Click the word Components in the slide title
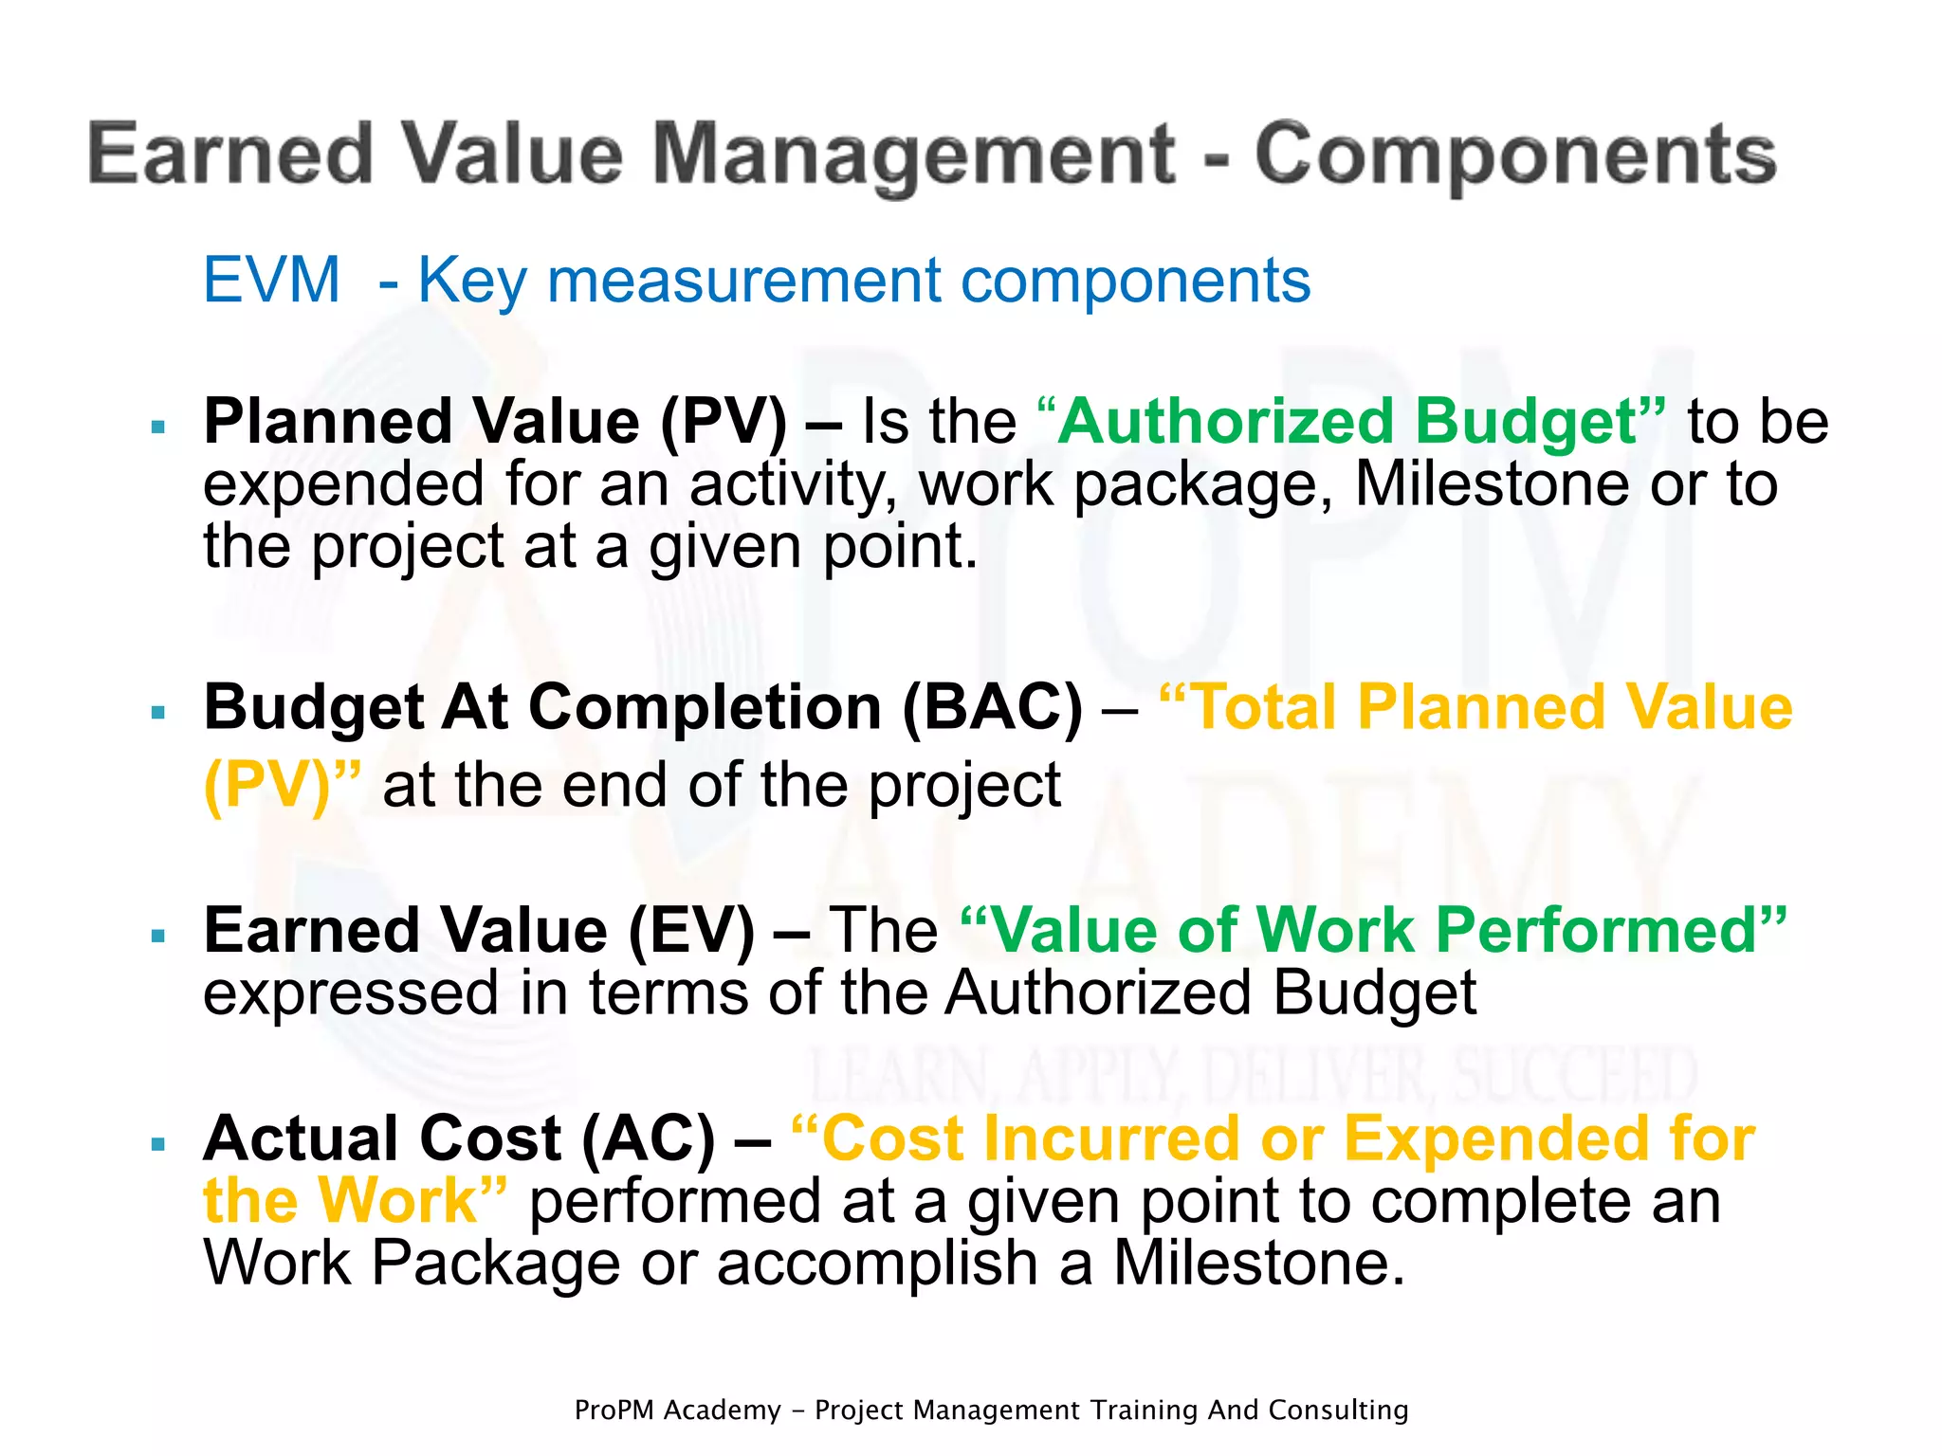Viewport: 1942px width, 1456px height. pos(1515,155)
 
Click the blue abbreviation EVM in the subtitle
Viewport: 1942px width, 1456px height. pos(271,281)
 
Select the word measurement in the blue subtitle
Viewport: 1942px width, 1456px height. pos(744,281)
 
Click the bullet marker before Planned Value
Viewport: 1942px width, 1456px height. pos(158,427)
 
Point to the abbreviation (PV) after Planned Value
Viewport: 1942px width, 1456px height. pos(724,422)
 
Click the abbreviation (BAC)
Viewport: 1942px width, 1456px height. pos(992,708)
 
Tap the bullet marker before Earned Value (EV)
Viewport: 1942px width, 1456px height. pos(158,936)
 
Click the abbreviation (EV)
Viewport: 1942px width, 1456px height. pos(691,931)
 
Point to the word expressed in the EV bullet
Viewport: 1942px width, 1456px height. pos(351,993)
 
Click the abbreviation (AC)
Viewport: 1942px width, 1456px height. pos(649,1139)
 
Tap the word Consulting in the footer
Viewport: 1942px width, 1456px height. pos(1338,1410)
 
